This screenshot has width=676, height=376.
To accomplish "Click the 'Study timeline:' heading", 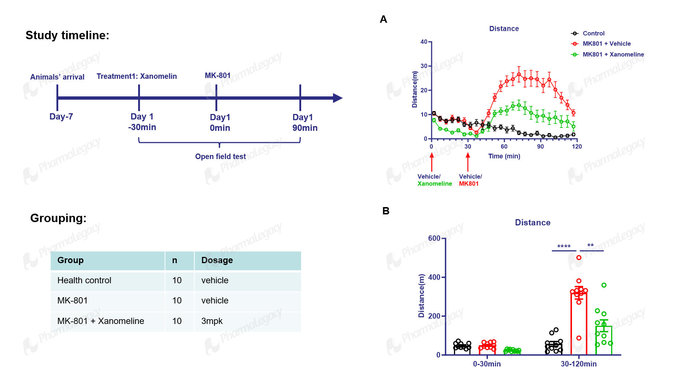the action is tap(67, 35).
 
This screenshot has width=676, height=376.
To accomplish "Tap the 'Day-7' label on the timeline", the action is tap(61, 117).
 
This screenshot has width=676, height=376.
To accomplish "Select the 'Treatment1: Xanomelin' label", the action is tap(137, 76).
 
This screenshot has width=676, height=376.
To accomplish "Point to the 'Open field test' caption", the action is tap(221, 156).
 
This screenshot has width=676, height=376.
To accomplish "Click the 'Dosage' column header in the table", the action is tap(217, 260).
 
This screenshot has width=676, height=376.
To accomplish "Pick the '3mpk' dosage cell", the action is tap(212, 321).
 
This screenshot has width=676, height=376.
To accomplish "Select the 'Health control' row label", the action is tap(84, 280).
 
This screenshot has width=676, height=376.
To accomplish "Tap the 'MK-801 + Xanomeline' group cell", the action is tap(101, 321).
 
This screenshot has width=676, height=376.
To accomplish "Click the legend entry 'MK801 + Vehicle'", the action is tap(607, 44).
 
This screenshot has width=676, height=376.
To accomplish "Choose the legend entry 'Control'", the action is tap(594, 33).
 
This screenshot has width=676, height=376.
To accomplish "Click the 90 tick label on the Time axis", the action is tap(540, 147).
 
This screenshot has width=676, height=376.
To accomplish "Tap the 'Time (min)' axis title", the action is tap(504, 156).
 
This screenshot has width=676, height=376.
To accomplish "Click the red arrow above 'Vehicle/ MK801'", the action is tap(468, 162).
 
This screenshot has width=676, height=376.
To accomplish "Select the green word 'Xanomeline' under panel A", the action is tap(435, 184).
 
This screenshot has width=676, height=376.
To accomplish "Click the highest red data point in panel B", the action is tap(579, 258).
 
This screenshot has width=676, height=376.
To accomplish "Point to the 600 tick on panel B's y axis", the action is tap(434, 238).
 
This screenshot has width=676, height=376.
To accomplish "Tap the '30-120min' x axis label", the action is tap(579, 364).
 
